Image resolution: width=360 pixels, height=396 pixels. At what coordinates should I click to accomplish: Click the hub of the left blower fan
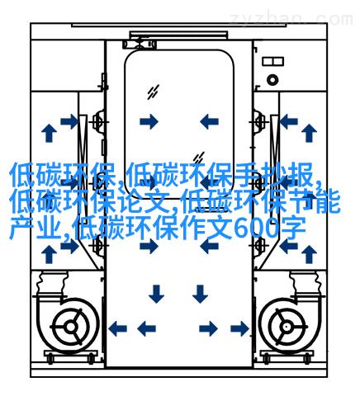71,327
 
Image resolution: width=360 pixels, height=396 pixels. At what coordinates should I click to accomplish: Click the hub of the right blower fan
287,327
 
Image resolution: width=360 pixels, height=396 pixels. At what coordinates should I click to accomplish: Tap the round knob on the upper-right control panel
272,80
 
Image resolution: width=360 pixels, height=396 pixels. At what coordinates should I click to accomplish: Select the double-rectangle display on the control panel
272,61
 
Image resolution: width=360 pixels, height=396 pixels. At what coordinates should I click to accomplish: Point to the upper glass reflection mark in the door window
153,92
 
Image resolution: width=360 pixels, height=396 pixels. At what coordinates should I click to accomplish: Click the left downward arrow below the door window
156,294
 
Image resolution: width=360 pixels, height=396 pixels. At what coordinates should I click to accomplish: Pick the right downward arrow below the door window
200,294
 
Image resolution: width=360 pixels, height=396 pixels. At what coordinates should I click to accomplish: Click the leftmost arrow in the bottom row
117,328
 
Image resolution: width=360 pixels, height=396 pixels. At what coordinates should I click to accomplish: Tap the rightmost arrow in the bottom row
239,328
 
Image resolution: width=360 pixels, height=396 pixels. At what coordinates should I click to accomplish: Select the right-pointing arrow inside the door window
149,121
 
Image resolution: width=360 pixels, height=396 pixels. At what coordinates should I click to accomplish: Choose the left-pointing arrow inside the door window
209,121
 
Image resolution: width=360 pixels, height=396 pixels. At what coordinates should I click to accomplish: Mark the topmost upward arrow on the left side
49,133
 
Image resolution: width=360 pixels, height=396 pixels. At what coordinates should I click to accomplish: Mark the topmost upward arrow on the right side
309,133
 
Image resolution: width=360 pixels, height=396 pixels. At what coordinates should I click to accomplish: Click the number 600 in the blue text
255,228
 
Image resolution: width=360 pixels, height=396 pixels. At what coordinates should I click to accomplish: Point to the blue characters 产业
35,228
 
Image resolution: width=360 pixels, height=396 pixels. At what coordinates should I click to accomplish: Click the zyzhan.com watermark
291,19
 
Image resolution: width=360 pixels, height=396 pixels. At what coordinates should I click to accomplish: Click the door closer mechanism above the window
140,44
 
